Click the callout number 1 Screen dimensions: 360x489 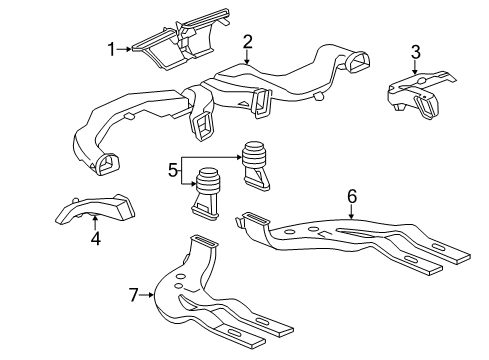pyautogui.click(x=113, y=47)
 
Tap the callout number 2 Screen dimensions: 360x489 pyautogui.click(x=247, y=41)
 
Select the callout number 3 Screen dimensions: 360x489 pyautogui.click(x=415, y=52)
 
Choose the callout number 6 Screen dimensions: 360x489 pyautogui.click(x=351, y=198)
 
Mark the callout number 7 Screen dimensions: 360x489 pyautogui.click(x=131, y=294)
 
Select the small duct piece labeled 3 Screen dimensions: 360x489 pyautogui.click(x=414, y=97)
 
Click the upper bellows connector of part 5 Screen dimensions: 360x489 pyautogui.click(x=255, y=163)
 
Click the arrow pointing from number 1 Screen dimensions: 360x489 pyautogui.click(x=128, y=47)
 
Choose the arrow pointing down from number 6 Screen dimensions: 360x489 pyautogui.click(x=351, y=214)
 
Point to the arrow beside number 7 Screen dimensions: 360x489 pyautogui.click(x=146, y=294)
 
